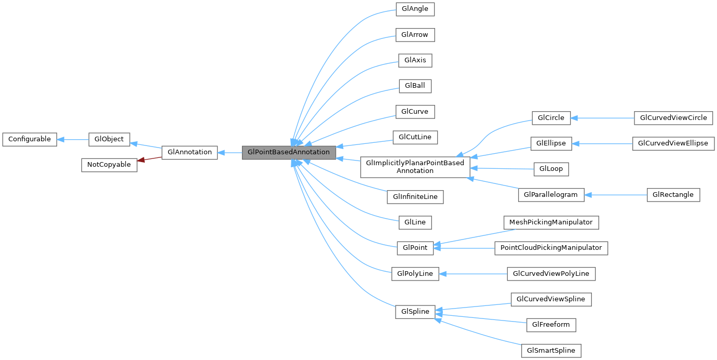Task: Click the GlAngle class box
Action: pos(414,9)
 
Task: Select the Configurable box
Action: pos(30,139)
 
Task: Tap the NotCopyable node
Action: pos(110,165)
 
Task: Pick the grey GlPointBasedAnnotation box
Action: pos(289,153)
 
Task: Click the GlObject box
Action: pos(109,139)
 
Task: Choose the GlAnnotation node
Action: pos(190,153)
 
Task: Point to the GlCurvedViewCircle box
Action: pos(673,118)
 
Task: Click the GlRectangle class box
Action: pos(673,195)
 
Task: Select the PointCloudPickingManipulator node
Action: pos(551,248)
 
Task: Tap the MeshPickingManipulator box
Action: pos(551,222)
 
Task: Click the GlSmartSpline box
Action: pos(551,351)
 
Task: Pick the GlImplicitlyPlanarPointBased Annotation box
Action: pos(415,167)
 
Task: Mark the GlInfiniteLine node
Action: pos(415,197)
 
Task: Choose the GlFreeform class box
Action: pos(551,325)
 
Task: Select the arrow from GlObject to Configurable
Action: pos(73,139)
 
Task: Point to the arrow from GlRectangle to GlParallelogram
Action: pos(616,195)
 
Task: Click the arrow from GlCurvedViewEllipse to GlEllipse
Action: pos(602,143)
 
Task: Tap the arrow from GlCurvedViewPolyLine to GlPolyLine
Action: pos(472,274)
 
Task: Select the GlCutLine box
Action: pos(415,138)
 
